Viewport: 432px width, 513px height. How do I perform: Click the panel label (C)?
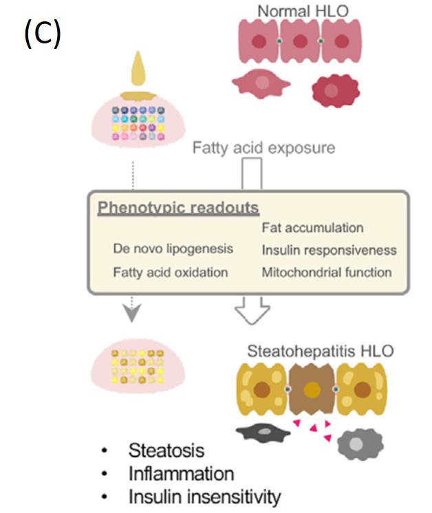(43, 33)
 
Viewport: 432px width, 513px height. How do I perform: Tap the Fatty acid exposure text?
(263, 147)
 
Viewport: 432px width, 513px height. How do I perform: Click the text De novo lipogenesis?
(173, 248)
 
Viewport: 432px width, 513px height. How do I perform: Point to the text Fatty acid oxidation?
(170, 272)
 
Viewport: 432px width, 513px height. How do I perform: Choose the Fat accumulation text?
(312, 227)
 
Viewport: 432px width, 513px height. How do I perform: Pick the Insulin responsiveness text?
(329, 250)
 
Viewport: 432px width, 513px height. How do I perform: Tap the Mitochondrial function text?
(327, 272)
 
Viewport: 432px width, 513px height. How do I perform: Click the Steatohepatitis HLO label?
(321, 350)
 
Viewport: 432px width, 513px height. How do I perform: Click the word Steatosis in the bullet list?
(166, 450)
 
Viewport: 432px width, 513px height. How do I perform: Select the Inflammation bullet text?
(181, 474)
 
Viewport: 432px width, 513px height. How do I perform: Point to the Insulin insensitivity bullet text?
(204, 496)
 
